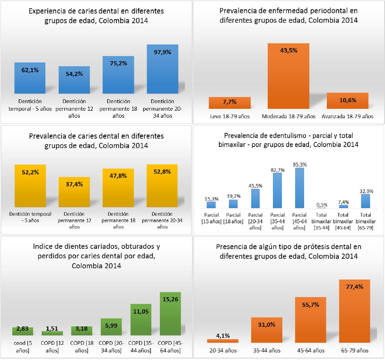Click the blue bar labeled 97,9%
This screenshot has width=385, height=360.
[162, 70]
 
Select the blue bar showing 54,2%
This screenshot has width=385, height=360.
[74, 80]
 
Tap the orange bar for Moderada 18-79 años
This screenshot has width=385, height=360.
[289, 76]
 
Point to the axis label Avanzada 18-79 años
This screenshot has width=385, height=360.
[347, 116]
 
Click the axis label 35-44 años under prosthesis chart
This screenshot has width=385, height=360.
[267, 350]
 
